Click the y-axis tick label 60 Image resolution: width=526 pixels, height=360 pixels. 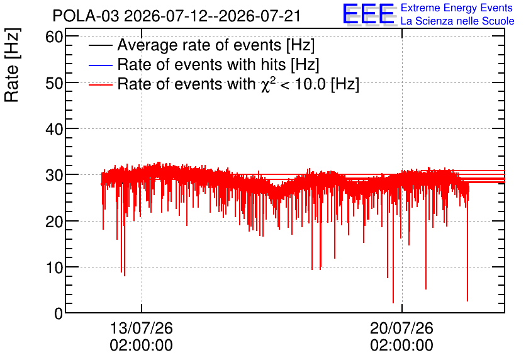click(54, 37)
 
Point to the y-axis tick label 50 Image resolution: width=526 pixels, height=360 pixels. click(54, 83)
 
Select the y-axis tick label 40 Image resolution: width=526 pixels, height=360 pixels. click(54, 129)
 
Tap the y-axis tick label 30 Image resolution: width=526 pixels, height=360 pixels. click(54, 175)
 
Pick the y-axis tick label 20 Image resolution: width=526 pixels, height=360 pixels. click(54, 222)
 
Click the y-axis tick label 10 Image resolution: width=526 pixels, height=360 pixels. click(54, 267)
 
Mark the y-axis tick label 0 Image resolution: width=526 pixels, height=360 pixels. click(59, 313)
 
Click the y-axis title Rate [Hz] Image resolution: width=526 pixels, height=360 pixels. click(12, 65)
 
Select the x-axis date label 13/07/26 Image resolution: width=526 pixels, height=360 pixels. click(141, 328)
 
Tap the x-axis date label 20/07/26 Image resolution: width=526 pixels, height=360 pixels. click(401, 328)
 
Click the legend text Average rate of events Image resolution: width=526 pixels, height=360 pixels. click(199, 45)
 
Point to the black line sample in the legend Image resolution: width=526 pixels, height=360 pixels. click(101, 45)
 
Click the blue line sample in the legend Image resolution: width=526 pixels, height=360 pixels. click(101, 65)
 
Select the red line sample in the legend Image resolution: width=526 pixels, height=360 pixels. click(101, 85)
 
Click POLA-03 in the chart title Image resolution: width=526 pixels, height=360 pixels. click(86, 16)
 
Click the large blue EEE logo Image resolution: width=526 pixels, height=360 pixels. click(369, 14)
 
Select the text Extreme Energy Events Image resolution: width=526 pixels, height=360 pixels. click(457, 8)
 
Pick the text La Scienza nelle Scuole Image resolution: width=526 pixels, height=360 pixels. click(457, 21)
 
